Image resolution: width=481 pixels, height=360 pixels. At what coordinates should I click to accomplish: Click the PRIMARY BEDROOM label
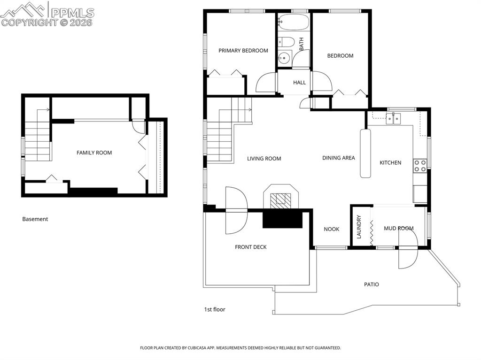tap(243, 51)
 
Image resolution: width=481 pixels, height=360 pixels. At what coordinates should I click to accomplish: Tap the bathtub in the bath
tap(294, 22)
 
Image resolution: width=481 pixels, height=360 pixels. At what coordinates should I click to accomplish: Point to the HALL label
tap(299, 83)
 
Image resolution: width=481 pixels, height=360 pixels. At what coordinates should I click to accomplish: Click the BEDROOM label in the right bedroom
tap(340, 56)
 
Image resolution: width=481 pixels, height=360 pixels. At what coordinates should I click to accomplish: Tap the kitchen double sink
tap(393, 118)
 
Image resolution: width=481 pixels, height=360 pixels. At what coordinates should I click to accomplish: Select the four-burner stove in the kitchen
tap(419, 165)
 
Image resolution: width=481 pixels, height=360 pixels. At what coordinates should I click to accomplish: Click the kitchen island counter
tap(365, 153)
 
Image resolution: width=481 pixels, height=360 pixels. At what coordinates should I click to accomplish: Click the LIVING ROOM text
tap(264, 159)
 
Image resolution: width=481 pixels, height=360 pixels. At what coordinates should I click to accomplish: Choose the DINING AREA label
tap(338, 158)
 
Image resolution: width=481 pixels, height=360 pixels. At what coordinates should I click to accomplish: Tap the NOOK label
tap(331, 229)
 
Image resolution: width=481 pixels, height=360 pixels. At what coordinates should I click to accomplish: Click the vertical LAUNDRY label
tap(359, 227)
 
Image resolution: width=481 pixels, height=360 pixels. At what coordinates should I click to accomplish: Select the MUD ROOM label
tap(398, 229)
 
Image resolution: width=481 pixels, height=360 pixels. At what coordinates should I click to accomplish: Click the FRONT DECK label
tap(251, 247)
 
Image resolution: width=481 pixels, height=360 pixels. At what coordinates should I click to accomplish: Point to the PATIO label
tap(371, 284)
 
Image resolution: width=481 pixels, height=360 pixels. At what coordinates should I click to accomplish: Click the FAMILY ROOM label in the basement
tap(94, 153)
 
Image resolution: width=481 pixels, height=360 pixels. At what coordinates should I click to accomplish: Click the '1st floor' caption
tap(214, 309)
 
